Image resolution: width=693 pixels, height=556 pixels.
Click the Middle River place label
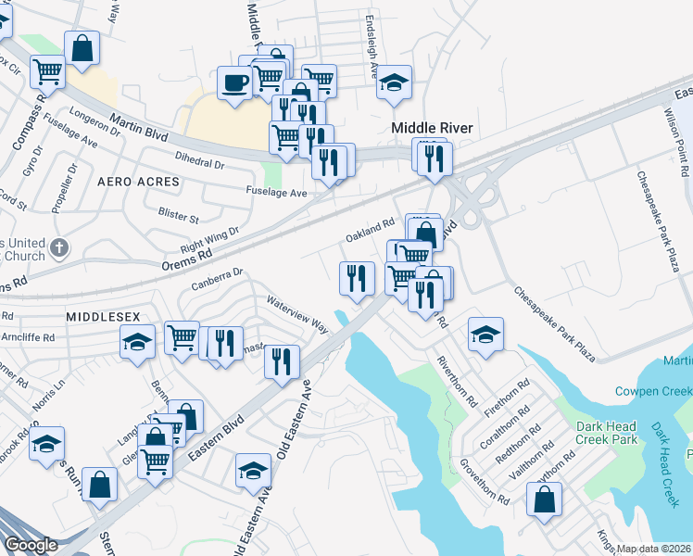pyautogui.click(x=432, y=128)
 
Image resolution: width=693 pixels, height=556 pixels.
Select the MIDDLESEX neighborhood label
pyautogui.click(x=102, y=316)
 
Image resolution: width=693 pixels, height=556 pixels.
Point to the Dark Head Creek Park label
pyautogui.click(x=606, y=433)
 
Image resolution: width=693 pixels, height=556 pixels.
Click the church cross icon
pyautogui.click(x=59, y=247)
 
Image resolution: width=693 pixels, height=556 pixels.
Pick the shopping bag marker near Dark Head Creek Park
pyautogui.click(x=544, y=499)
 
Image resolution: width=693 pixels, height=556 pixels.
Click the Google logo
pyautogui.click(x=31, y=545)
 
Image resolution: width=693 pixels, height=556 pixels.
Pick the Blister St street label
pyautogui.click(x=179, y=218)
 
